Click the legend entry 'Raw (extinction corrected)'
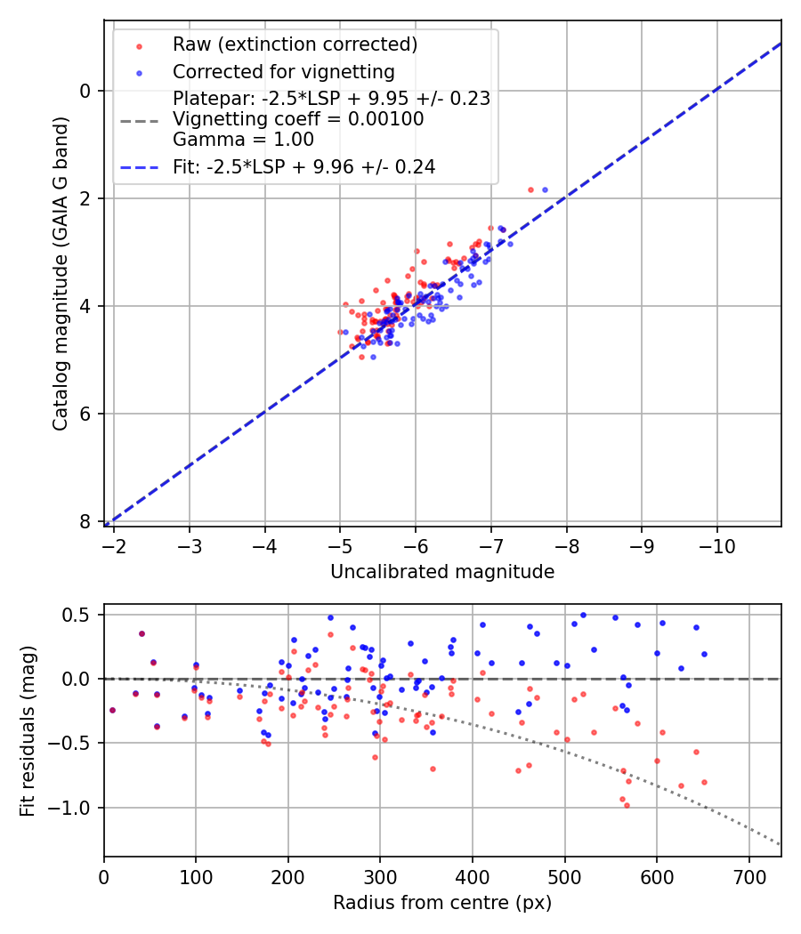click(x=295, y=44)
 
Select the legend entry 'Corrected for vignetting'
click(x=283, y=71)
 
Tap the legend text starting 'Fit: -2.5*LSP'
click(x=303, y=166)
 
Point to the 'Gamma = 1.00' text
click(x=243, y=139)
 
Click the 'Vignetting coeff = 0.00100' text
click(x=298, y=119)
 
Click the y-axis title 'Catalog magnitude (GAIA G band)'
click(x=61, y=271)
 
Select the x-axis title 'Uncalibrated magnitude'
click(x=442, y=572)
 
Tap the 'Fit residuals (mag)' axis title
click(x=28, y=730)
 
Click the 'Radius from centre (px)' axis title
click(x=442, y=903)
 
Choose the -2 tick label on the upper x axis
click(x=114, y=545)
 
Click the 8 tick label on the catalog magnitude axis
click(x=85, y=521)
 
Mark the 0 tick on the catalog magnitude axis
click(x=85, y=91)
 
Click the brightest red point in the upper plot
click(x=531, y=189)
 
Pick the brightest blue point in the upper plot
click(x=545, y=189)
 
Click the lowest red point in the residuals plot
click(x=627, y=805)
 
